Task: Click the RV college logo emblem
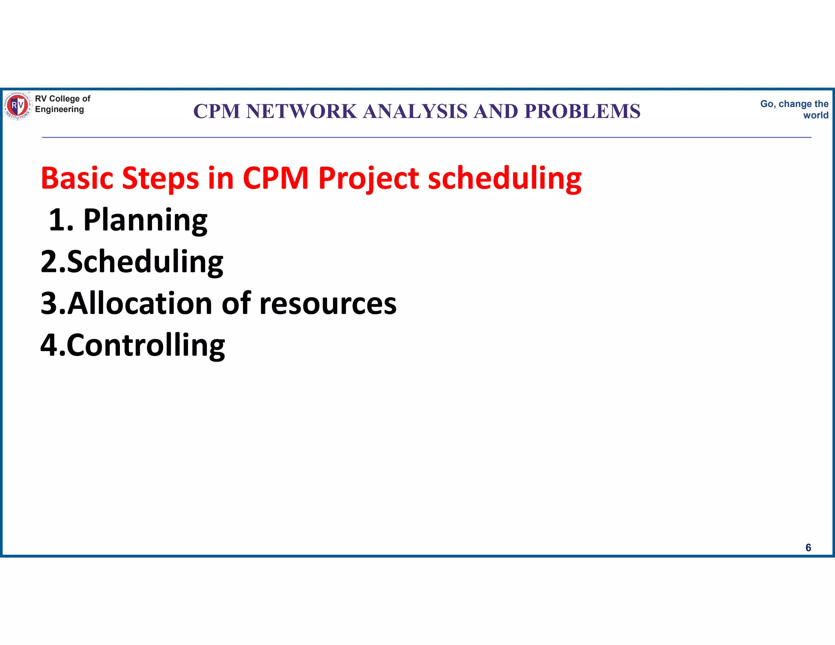click(18, 106)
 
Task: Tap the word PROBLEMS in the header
click(582, 111)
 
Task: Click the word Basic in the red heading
click(77, 178)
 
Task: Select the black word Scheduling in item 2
click(145, 262)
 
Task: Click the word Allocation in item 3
click(140, 304)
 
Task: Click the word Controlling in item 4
click(146, 346)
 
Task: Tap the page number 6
click(808, 548)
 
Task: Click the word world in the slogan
click(815, 115)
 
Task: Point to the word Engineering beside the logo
click(60, 109)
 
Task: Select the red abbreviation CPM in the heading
click(276, 178)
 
